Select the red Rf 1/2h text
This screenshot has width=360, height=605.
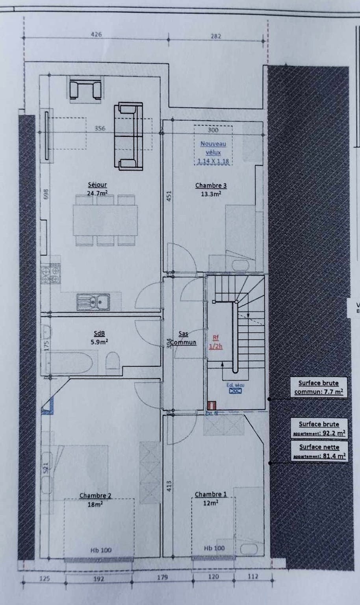tap(215, 341)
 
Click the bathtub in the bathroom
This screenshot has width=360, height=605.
tap(69, 362)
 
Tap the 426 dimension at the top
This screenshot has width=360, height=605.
tap(96, 35)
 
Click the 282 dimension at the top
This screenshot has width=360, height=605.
tap(216, 36)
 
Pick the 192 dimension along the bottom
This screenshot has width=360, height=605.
tap(98, 579)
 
